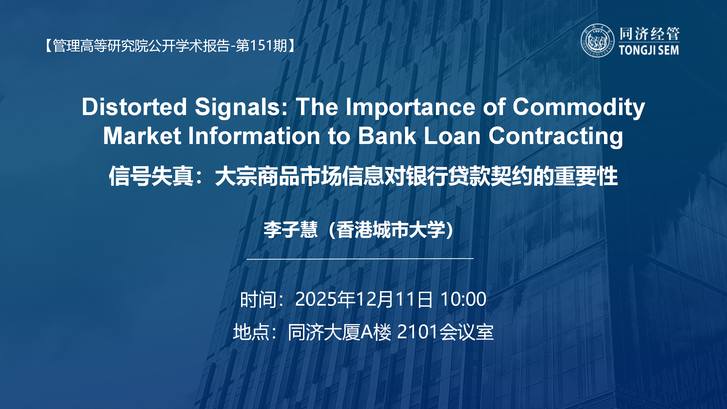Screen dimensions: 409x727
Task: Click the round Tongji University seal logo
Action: pyautogui.click(x=597, y=41)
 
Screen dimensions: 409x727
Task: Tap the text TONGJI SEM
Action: pyautogui.click(x=649, y=50)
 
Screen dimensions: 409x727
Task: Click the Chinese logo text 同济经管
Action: pyautogui.click(x=649, y=34)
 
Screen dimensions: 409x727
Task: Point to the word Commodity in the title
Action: pyautogui.click(x=578, y=107)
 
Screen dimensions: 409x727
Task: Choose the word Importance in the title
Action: pyautogui.click(x=410, y=107)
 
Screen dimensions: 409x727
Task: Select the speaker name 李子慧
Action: pyautogui.click(x=291, y=229)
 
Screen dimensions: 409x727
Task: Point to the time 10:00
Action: pyautogui.click(x=463, y=299)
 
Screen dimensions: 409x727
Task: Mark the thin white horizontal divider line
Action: pyautogui.click(x=360, y=259)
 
